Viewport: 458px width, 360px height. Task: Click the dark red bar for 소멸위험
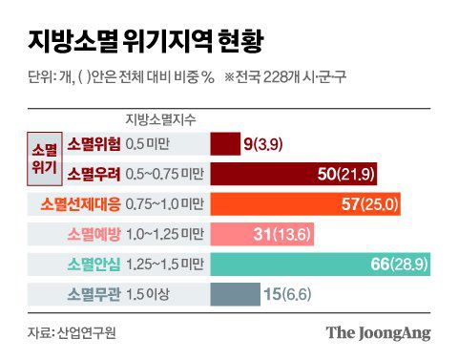pos(224,144)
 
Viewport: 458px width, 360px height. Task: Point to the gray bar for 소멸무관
pos(235,294)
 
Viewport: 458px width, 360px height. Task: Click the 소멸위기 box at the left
pos(45,159)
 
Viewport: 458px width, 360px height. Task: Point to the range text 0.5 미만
pos(153,144)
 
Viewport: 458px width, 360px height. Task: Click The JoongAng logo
pos(378,332)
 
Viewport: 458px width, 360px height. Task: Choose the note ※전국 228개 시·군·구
pos(284,76)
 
